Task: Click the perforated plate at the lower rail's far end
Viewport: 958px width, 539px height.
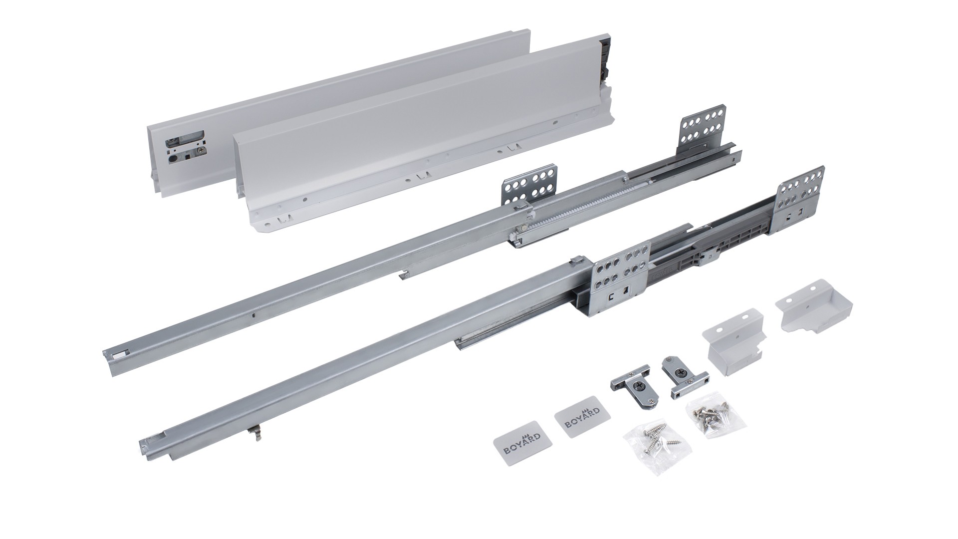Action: coord(800,192)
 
